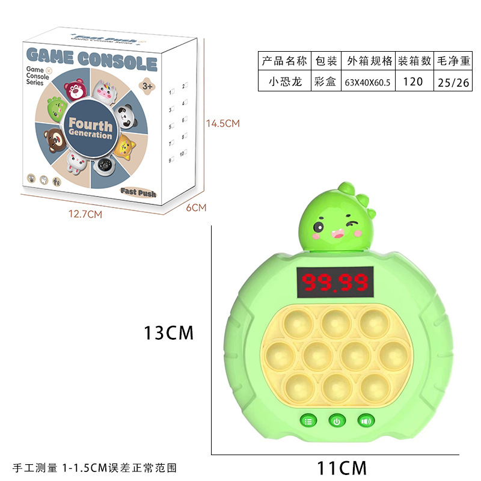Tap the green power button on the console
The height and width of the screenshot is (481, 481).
pos(337,421)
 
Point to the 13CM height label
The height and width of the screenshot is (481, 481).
pos(168,332)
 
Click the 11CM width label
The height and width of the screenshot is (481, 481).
pos(342,466)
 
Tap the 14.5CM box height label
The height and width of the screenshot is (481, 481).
pos(222,123)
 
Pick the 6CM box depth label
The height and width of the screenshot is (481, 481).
pos(197,207)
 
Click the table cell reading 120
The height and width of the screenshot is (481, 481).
pos(413,81)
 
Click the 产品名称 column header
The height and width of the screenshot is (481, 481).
pos(284,61)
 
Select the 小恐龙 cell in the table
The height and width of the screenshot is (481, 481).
pos(284,81)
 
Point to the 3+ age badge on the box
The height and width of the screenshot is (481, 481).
pos(147,86)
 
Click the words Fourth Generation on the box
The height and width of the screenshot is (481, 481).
pos(90,128)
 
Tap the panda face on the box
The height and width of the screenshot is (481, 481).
pos(126,115)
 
